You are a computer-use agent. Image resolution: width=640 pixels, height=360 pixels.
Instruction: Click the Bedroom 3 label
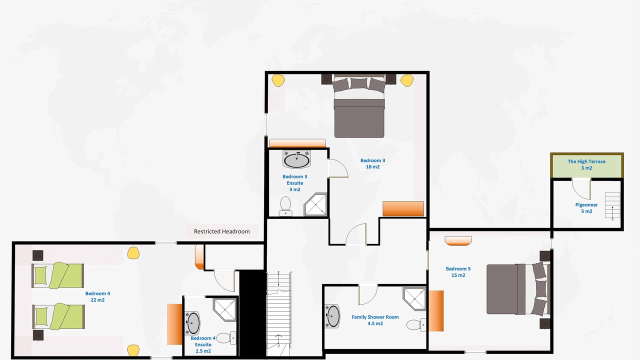click(x=372, y=163)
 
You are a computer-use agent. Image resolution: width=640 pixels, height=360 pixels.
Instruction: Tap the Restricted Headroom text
click(x=221, y=231)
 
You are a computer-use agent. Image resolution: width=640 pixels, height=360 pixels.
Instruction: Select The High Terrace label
click(x=586, y=164)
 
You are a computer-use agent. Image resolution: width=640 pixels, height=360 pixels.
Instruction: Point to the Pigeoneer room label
click(x=586, y=208)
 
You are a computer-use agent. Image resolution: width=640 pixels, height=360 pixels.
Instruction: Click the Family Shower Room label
click(x=375, y=320)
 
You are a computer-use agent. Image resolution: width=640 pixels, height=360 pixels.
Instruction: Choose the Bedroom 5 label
click(x=458, y=272)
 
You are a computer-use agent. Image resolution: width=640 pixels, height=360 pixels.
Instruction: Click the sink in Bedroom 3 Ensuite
click(x=297, y=159)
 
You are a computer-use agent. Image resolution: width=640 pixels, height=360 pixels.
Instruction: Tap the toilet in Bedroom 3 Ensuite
click(x=285, y=206)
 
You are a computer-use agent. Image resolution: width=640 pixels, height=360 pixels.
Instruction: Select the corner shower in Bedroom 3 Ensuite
click(x=315, y=204)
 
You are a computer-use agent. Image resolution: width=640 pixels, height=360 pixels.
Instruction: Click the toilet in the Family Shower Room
click(x=416, y=325)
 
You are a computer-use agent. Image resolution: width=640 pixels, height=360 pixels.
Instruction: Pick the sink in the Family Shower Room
click(x=332, y=316)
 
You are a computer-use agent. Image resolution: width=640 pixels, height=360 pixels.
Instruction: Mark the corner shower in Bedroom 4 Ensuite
click(x=225, y=309)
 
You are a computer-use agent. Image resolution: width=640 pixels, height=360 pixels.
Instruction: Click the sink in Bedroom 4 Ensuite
click(x=192, y=323)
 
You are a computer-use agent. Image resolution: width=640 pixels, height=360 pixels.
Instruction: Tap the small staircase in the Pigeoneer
click(x=612, y=205)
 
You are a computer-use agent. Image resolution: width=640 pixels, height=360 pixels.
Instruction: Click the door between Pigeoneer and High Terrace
click(x=581, y=188)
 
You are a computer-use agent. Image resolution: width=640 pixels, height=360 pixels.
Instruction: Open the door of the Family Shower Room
click(x=368, y=295)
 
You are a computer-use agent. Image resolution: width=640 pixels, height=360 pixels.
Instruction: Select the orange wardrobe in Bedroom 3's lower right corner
click(x=403, y=209)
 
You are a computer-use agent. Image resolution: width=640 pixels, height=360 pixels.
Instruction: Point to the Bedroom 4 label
click(x=97, y=296)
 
